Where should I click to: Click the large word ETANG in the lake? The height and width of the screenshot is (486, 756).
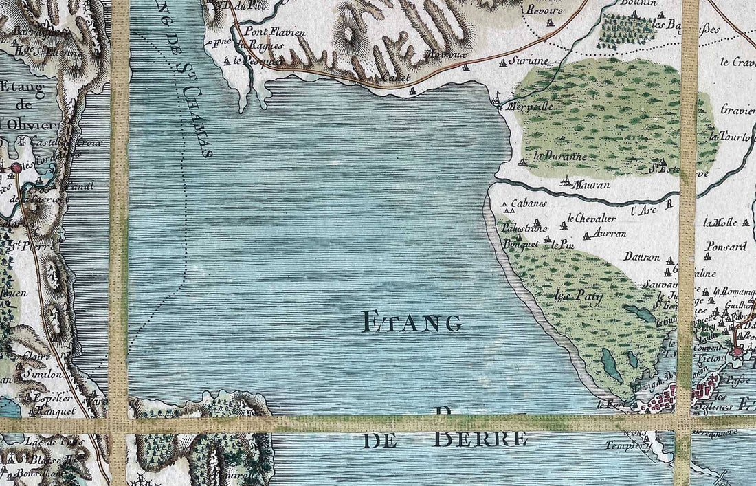click(x=412, y=322)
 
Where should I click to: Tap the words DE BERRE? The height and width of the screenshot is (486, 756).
click(x=445, y=439)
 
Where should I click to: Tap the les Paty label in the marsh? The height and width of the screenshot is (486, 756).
click(x=578, y=298)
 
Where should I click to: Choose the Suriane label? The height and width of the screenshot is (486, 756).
click(x=529, y=61)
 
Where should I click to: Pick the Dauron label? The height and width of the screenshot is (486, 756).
click(x=642, y=257)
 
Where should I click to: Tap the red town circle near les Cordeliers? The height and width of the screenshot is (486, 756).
click(x=15, y=167)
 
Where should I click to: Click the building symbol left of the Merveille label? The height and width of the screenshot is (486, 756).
click(x=498, y=101)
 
